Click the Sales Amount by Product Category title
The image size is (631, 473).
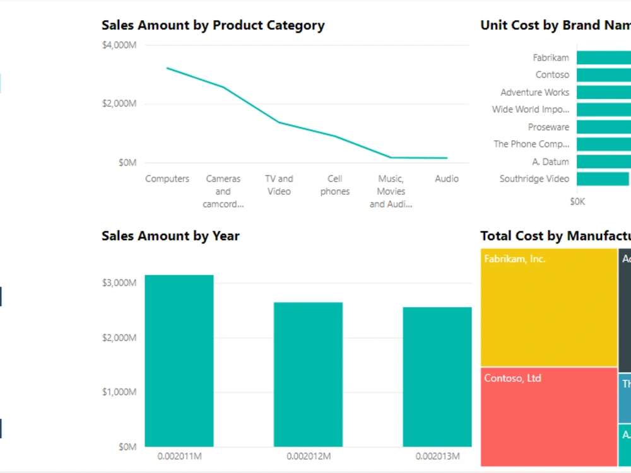tap(213, 25)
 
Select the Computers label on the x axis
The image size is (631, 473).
tap(167, 179)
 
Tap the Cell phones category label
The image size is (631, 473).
tap(334, 185)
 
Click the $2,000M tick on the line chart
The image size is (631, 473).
tap(119, 103)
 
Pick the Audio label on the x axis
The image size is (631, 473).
tap(447, 179)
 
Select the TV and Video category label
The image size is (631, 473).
tap(279, 185)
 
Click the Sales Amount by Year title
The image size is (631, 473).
tap(170, 236)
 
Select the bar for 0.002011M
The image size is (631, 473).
tap(179, 361)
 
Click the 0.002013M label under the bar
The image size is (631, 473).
tap(437, 456)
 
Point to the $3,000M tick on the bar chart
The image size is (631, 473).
tap(119, 283)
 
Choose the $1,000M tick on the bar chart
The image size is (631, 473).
tap(119, 392)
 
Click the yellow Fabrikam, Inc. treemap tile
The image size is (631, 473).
tap(548, 308)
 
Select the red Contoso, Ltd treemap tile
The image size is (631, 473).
tap(548, 417)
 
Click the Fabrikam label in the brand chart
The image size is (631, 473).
tap(550, 58)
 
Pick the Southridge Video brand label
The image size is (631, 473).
tap(534, 179)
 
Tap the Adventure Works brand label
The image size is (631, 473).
tap(534, 93)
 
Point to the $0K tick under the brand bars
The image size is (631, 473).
tap(577, 202)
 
